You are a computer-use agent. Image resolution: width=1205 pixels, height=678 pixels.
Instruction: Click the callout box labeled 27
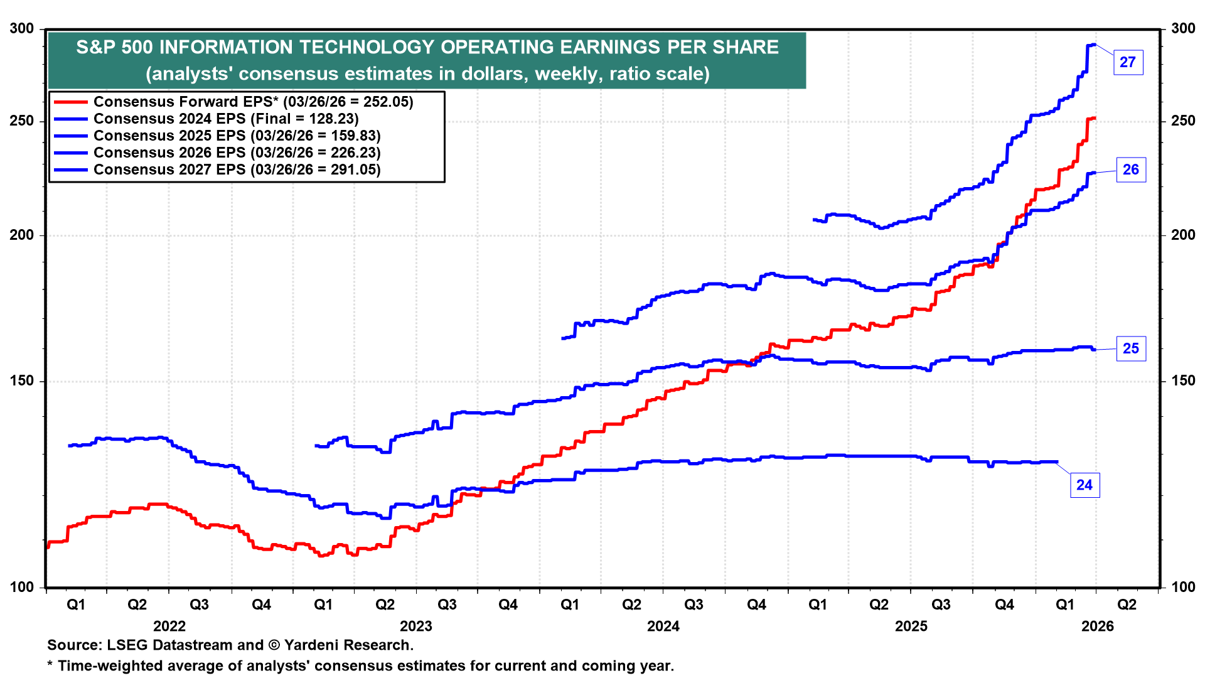coord(1127,62)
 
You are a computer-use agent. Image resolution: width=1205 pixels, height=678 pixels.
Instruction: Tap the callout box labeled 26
coord(1130,169)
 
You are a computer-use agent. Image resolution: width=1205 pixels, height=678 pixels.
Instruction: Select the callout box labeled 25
coord(1130,348)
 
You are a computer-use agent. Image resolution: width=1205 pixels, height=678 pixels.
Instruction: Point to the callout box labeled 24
coord(1084,485)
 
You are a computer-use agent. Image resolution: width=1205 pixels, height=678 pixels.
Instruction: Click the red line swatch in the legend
coord(70,102)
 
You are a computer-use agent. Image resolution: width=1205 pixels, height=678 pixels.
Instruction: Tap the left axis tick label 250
coord(22,121)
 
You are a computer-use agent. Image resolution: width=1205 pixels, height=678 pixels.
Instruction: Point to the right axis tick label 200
coord(1183,235)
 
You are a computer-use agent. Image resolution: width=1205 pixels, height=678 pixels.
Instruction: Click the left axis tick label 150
coord(22,380)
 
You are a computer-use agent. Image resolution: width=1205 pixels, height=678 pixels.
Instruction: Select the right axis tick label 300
coord(1183,28)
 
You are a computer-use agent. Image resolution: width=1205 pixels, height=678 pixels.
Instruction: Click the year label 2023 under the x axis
coord(416,626)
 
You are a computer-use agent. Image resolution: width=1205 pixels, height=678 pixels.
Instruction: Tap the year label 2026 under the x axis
coord(1098,626)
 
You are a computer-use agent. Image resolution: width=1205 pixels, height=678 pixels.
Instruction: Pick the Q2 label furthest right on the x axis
coord(1127,605)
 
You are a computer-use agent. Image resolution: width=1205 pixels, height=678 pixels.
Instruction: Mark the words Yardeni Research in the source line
coord(349,645)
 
